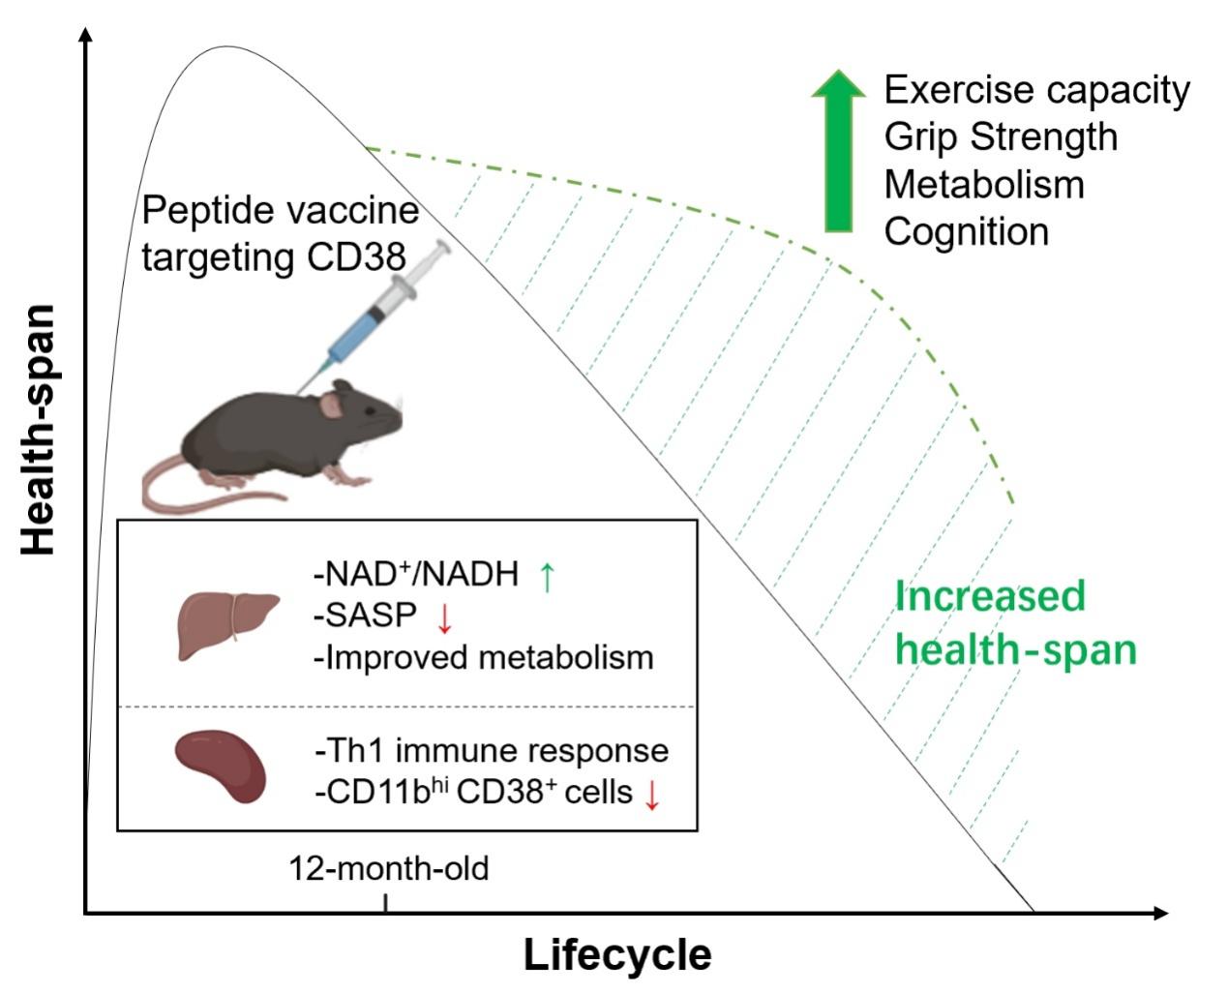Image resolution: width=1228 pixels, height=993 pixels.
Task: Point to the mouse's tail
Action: click(194, 494)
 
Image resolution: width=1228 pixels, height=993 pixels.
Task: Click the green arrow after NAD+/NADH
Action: click(547, 576)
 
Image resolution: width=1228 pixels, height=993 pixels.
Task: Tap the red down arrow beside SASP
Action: click(446, 617)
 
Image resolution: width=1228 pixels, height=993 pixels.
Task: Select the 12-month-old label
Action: click(389, 868)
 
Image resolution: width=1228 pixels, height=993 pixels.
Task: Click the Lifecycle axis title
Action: click(617, 955)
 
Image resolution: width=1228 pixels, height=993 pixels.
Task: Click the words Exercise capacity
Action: click(1036, 90)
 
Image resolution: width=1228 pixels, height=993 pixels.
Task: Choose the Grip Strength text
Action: click(1001, 136)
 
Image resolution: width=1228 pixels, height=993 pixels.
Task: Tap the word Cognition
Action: click(966, 231)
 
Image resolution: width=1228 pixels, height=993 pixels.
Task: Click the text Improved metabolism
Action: click(484, 657)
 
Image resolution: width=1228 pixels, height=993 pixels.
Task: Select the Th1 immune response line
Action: click(492, 751)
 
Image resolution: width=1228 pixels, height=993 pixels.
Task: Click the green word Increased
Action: click(989, 596)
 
